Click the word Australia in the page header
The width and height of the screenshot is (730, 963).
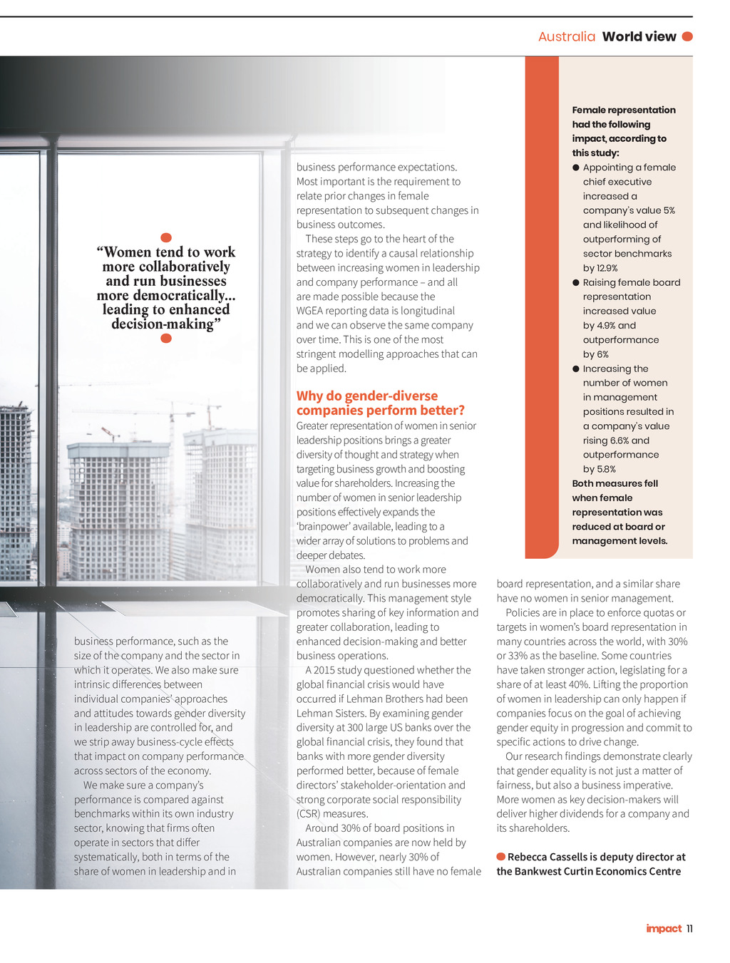tap(566, 36)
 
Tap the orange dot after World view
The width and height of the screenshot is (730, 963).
tap(687, 36)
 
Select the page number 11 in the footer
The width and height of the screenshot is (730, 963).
tap(689, 928)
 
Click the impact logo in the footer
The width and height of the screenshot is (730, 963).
tap(664, 928)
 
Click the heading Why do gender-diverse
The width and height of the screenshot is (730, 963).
tap(367, 396)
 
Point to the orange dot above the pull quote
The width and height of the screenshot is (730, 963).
tap(166, 237)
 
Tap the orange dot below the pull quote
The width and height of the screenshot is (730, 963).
tap(166, 339)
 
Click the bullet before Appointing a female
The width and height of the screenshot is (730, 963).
tap(576, 168)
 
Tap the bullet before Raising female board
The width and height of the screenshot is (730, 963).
tap(576, 282)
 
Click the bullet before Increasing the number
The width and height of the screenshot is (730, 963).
tap(576, 369)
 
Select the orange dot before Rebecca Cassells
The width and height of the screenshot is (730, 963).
tap(501, 857)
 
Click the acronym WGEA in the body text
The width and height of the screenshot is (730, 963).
tap(312, 311)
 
